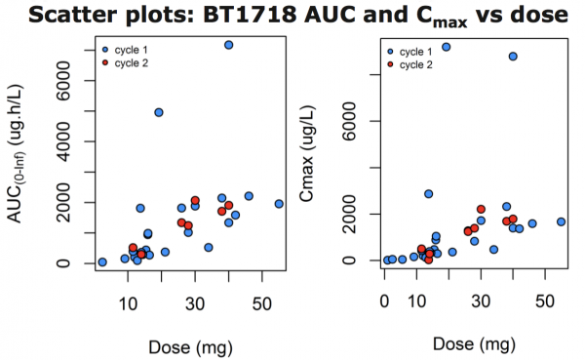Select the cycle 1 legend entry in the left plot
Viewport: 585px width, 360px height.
131,49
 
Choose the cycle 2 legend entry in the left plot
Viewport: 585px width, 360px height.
131,62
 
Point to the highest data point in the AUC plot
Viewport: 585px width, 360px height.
229,45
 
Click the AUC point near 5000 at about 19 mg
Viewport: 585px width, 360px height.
159,112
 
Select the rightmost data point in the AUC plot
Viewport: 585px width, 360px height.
279,204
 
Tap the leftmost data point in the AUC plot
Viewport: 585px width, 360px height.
102,261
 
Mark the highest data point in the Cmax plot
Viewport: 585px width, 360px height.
447,46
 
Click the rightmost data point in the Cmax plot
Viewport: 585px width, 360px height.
561,221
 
